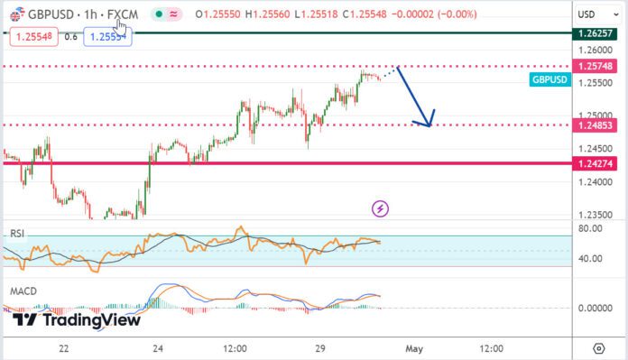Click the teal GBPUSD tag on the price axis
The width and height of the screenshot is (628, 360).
(x=549, y=80)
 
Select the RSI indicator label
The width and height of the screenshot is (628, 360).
(x=15, y=234)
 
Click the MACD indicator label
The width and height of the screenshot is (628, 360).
(x=23, y=292)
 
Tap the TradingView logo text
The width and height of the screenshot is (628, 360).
(x=61, y=319)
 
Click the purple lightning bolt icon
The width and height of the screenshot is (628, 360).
(x=381, y=208)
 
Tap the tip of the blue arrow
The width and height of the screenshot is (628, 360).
(x=430, y=125)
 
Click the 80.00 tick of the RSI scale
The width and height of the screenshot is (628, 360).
(x=590, y=228)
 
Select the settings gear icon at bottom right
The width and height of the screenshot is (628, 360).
(x=598, y=348)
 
